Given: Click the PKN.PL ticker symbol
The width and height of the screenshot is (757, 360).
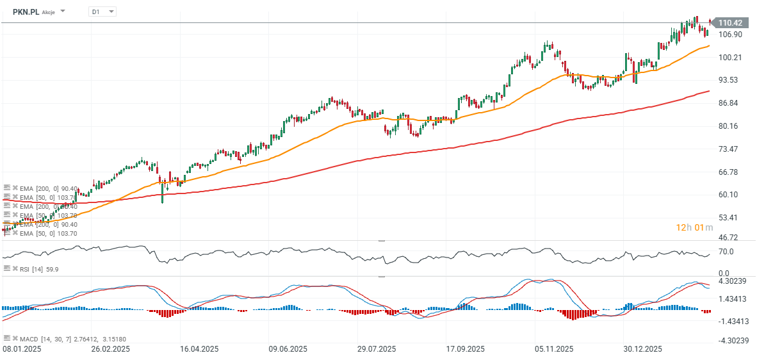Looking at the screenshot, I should tap(26, 12).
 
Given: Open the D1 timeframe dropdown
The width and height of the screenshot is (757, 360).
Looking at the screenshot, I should tap(102, 12).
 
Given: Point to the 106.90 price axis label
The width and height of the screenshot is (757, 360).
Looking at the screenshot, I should tap(730, 35).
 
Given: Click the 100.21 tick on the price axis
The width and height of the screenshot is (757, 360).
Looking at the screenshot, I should tap(730, 58).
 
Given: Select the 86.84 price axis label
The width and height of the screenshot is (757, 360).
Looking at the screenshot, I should tap(730, 103).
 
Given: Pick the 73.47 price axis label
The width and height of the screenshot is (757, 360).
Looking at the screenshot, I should tap(730, 149).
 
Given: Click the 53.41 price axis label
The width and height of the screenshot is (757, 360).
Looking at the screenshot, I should tap(730, 218).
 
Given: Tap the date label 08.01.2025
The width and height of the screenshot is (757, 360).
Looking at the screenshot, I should tap(22, 349).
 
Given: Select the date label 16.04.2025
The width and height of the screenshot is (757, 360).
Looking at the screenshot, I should tap(199, 349).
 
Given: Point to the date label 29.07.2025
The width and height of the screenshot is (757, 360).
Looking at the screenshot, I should tap(377, 349).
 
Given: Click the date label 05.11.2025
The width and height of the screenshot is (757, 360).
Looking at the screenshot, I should tap(554, 349).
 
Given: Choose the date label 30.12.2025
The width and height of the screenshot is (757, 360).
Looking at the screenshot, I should tap(643, 349).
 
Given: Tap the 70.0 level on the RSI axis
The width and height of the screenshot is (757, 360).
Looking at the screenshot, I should tap(726, 252).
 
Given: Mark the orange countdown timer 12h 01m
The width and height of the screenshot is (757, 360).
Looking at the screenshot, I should tap(696, 227).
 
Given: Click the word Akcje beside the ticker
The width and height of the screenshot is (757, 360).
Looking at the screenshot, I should tap(49, 12).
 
